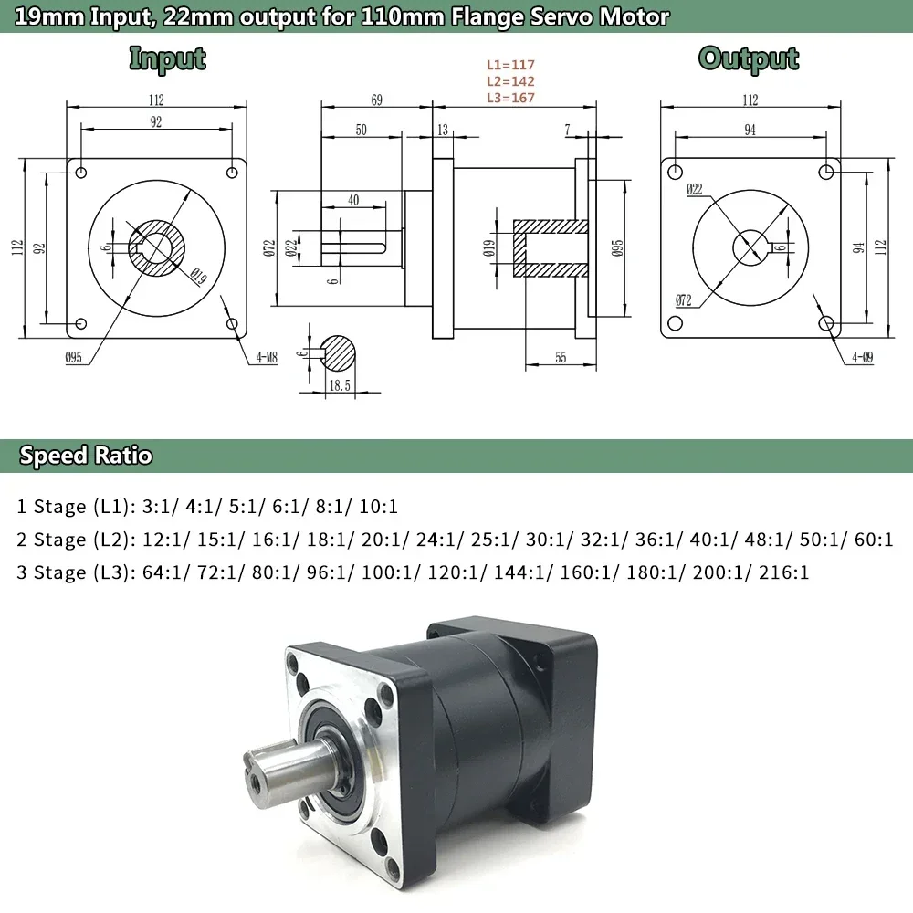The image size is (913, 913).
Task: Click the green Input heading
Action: pos(167,58)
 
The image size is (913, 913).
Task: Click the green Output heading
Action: pos(749,58)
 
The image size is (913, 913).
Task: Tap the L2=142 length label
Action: pos(510,81)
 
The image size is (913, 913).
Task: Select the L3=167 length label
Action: pos(510,98)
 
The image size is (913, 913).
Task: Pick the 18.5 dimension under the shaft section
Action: pos(340,386)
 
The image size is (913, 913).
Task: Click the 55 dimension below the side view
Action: pos(561,357)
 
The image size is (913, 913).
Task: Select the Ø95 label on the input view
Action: pos(74,359)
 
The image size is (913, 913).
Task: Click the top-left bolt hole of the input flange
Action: pos(82,173)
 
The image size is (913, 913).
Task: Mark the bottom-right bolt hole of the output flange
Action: pos(826,323)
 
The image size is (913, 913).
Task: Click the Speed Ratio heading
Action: pos(86,456)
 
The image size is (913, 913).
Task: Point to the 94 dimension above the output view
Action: pos(750,131)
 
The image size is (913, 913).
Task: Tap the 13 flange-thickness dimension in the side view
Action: pos(443,131)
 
